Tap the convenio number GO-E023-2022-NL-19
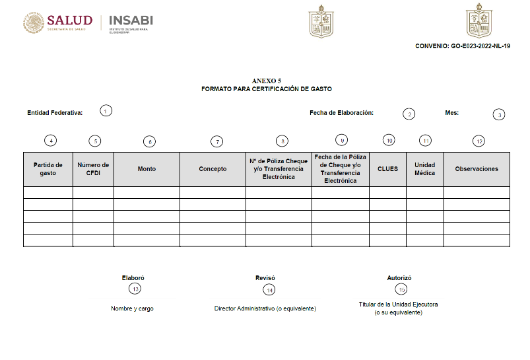463,46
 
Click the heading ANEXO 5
267,81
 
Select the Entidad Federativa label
55,113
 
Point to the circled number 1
106,111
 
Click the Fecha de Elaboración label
341,113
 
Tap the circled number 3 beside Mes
500,114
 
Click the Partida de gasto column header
48,169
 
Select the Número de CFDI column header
93,169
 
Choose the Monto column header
147,169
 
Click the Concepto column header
213,169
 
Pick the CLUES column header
387,169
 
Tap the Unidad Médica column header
424,169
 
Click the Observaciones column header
477,169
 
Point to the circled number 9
341,140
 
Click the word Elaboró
133,278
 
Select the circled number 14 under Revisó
269,289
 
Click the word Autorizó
399,278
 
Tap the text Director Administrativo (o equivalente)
265,308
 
